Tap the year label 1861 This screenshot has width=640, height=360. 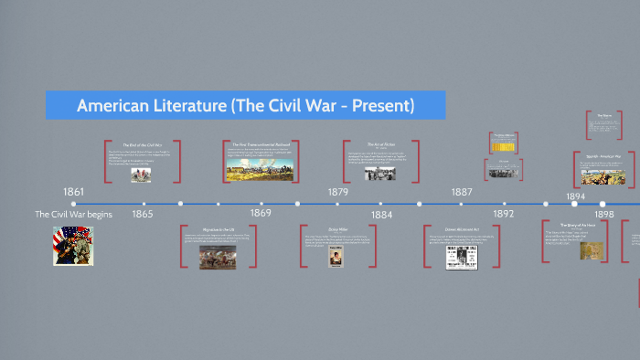click(x=73, y=192)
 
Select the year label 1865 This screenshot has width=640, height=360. click(x=142, y=214)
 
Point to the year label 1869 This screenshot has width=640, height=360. click(x=261, y=213)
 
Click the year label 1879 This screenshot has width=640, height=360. click(x=338, y=192)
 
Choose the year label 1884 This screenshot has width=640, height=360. click(x=381, y=215)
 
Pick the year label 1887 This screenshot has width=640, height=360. click(x=462, y=192)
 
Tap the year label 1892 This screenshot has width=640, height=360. click(x=504, y=214)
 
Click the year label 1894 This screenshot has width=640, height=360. click(x=576, y=196)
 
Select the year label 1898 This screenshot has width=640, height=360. click(x=604, y=214)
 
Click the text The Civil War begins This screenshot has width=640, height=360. click(x=73, y=214)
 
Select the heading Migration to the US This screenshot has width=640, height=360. click(x=218, y=229)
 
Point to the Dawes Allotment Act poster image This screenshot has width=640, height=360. click(x=458, y=257)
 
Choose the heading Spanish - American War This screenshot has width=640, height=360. click(x=604, y=156)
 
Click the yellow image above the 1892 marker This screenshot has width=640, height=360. click(x=503, y=146)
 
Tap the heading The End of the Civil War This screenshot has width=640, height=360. click(x=142, y=145)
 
